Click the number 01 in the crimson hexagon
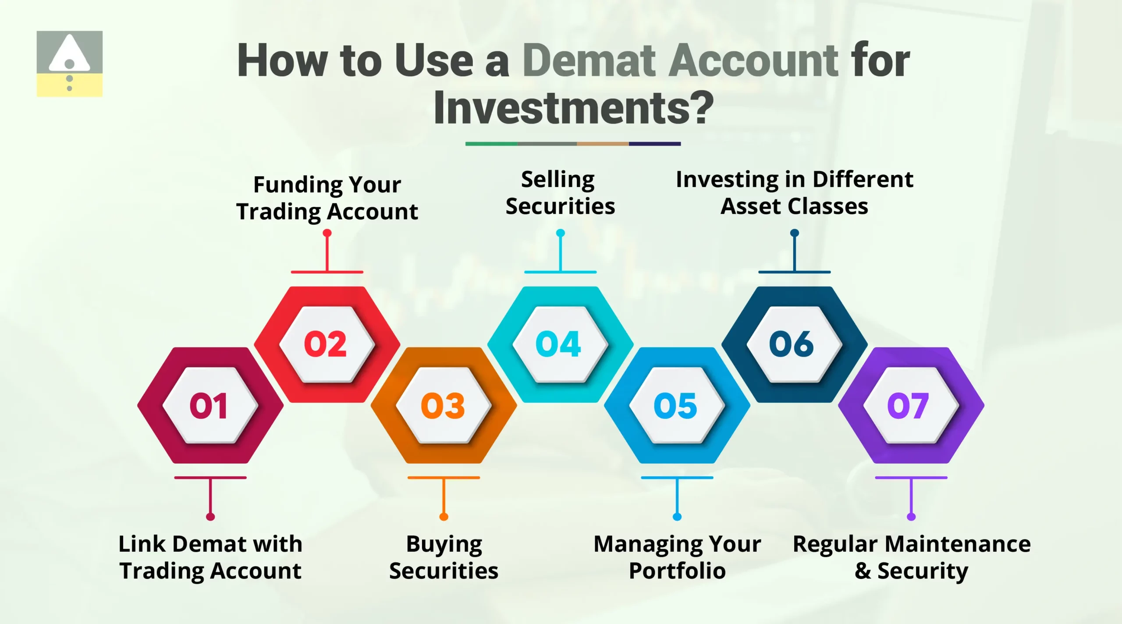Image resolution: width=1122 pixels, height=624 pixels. [209, 406]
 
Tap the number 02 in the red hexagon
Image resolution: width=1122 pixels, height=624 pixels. [325, 344]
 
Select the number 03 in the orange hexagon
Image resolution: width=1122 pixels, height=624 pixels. [443, 406]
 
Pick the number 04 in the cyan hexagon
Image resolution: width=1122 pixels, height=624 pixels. [558, 344]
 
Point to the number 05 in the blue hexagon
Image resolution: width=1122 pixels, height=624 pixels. [675, 406]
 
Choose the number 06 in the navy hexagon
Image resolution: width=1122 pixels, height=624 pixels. [792, 344]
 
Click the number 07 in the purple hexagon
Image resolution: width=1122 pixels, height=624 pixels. [908, 406]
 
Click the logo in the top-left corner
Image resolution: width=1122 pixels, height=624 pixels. [69, 64]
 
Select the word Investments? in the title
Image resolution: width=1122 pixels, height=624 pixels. [573, 108]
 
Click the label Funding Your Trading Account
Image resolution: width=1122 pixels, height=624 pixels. [327, 198]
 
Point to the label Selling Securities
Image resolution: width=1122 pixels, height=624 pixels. [560, 193]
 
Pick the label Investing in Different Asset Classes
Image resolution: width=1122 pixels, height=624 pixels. [794, 193]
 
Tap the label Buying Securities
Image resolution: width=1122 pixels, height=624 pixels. [444, 557]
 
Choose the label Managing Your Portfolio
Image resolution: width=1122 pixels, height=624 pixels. [677, 557]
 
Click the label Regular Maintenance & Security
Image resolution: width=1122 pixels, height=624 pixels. [912, 557]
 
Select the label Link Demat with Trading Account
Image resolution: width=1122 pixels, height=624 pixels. [210, 557]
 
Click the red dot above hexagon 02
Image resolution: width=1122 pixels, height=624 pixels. [327, 233]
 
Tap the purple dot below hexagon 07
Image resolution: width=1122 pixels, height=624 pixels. [911, 517]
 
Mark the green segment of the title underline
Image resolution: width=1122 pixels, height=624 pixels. [491, 144]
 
